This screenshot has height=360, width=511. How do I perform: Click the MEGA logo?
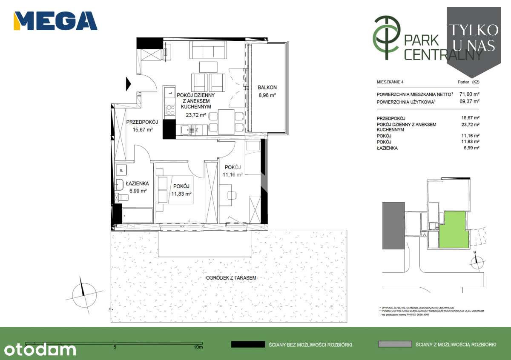tap(55, 21)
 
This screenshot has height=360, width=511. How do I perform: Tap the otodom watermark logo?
tap(38, 350)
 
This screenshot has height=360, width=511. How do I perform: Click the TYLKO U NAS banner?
tap(473, 37)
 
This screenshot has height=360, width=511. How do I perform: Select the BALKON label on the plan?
tap(267, 88)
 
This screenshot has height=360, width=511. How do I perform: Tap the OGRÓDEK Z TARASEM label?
tap(231, 277)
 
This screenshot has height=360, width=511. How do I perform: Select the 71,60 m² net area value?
tap(469, 94)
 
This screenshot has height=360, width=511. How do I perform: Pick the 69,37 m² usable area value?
tap(469, 101)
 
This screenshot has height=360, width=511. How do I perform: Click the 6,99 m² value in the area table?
tap(471, 148)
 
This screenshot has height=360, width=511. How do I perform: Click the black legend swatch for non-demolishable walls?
tap(248, 344)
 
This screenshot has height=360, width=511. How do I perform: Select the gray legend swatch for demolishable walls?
tap(395, 344)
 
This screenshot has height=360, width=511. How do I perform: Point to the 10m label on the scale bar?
tap(198, 347)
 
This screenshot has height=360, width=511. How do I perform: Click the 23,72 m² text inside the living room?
tap(195, 115)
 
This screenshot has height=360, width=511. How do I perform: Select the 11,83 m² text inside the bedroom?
tap(181, 194)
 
